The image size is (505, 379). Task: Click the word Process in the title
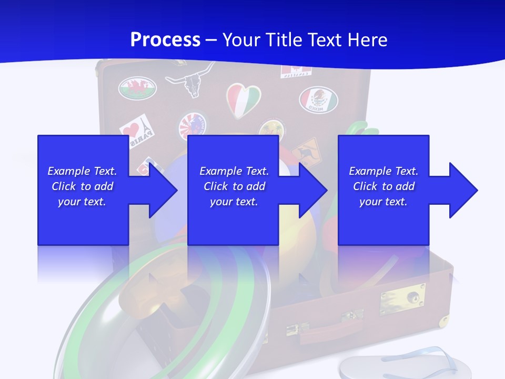[x=165, y=40]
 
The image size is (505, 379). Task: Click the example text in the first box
[x=83, y=186]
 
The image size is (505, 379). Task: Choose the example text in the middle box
[x=234, y=186]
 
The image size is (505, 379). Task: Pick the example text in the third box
[x=383, y=186]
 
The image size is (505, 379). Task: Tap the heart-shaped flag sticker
[x=244, y=99]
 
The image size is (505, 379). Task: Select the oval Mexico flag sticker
[x=318, y=99]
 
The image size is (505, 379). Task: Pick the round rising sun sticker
[x=193, y=126]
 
